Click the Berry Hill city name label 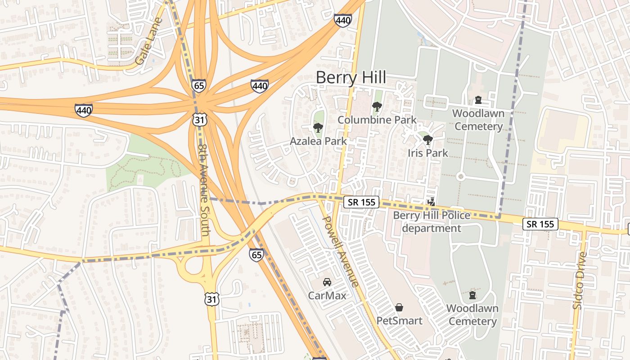point(351,77)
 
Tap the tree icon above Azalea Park point(318,128)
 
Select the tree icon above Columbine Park point(377,107)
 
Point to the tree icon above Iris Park point(428,139)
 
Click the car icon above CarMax point(327,282)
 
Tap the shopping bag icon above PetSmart point(399,307)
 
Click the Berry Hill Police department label point(432,222)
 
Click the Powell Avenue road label point(341,251)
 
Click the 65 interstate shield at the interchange point(198,85)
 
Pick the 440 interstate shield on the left point(84,110)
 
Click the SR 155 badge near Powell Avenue point(362,202)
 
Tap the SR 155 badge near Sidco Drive point(540,224)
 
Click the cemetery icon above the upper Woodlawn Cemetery point(478,100)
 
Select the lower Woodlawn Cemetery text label point(472,315)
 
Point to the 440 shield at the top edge point(342,20)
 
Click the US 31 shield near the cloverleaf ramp point(211,299)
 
